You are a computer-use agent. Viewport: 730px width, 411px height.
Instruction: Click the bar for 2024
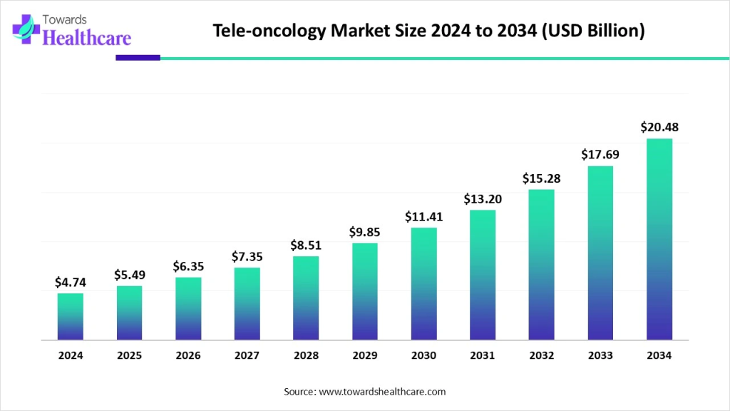[x=71, y=316]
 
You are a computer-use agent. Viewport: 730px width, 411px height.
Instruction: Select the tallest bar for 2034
[x=659, y=239]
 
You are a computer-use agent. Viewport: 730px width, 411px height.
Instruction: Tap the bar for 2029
[x=364, y=291]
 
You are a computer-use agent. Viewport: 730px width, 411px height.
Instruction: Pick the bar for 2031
[x=483, y=275]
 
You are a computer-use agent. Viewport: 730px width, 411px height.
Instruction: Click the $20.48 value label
[x=659, y=128]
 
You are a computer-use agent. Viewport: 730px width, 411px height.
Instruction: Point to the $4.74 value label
[x=71, y=282]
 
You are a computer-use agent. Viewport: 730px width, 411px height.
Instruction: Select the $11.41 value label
[x=423, y=216]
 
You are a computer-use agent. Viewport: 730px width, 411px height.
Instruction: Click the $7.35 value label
[x=247, y=256]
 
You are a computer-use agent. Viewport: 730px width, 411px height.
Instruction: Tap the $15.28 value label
[x=541, y=178]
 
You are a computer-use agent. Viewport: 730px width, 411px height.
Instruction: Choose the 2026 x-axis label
[x=188, y=355]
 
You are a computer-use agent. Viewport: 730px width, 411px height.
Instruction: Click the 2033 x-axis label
[x=600, y=355]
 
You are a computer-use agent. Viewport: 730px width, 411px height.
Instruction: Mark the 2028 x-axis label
[x=306, y=355]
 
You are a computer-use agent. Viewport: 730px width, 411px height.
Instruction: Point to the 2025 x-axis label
[x=129, y=355]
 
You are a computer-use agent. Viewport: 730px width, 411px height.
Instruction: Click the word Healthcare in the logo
[x=87, y=39]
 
